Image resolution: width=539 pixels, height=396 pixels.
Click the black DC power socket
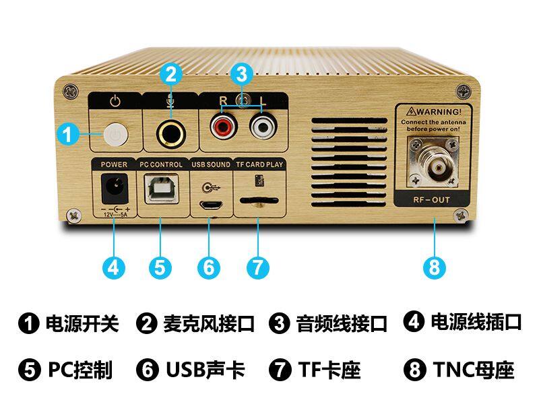[x=115, y=189]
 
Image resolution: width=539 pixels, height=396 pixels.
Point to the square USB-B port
[x=161, y=189]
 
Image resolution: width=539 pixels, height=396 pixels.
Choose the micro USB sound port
[x=212, y=205]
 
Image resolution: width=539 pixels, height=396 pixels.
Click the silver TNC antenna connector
[x=433, y=163]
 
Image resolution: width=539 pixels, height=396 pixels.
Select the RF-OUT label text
[x=432, y=200]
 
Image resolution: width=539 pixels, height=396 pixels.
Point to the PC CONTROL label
[x=161, y=164]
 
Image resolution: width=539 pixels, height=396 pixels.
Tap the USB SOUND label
[x=211, y=164]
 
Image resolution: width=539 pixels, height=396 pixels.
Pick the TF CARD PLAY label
[x=259, y=164]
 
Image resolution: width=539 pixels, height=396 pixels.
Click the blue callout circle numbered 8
[x=434, y=267]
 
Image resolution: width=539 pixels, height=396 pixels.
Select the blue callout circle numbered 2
[x=171, y=74]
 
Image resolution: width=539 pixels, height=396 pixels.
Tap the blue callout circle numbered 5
[x=160, y=267]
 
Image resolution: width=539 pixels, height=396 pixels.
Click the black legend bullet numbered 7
[x=280, y=370]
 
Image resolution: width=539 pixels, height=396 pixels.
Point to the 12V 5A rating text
[x=116, y=214]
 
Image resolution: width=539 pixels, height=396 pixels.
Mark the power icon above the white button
[x=115, y=102]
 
